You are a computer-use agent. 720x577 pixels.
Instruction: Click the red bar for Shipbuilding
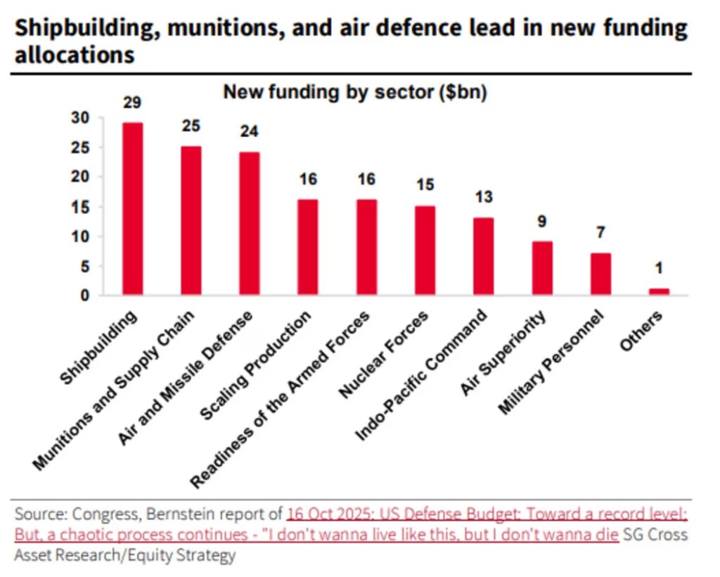pyautogui.click(x=132, y=208)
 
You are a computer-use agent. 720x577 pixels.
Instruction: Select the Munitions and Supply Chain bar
pyautogui.click(x=191, y=220)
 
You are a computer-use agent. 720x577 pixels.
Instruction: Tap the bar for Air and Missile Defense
pyautogui.click(x=250, y=223)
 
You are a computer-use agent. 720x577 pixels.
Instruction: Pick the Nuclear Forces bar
pyautogui.click(x=425, y=251)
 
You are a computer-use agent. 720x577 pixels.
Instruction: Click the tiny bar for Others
pyautogui.click(x=659, y=292)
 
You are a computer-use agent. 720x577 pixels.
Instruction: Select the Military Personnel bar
pyautogui.click(x=600, y=274)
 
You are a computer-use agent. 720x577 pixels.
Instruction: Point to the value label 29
pyautogui.click(x=132, y=103)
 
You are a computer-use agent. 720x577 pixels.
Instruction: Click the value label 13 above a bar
pyautogui.click(x=484, y=197)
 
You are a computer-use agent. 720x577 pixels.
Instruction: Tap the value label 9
pyautogui.click(x=542, y=222)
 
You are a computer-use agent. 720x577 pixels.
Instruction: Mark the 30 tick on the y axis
pyautogui.click(x=80, y=118)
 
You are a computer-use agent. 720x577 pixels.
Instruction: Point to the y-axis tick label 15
pyautogui.click(x=80, y=207)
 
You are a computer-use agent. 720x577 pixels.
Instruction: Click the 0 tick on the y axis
pyautogui.click(x=84, y=296)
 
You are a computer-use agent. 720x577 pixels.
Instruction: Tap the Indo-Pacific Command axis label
pyautogui.click(x=421, y=375)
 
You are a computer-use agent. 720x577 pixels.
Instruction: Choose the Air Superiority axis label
pyautogui.click(x=503, y=353)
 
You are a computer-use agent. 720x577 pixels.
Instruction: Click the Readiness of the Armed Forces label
pyautogui.click(x=280, y=399)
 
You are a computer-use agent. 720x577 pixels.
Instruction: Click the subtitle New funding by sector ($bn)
pyautogui.click(x=355, y=92)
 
